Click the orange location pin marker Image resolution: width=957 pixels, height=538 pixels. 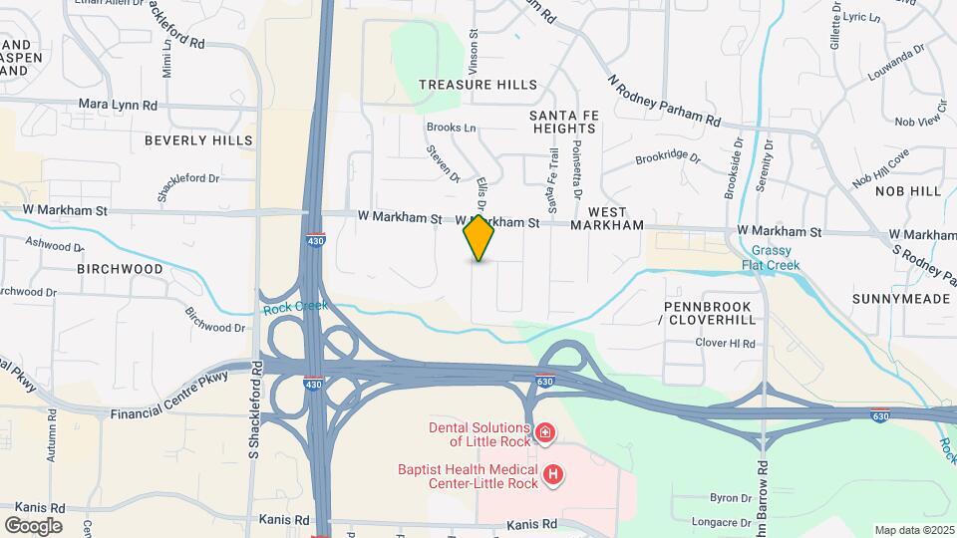click(x=479, y=237)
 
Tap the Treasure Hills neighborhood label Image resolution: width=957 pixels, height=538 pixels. click(x=478, y=85)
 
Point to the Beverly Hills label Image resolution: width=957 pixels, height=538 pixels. click(x=198, y=140)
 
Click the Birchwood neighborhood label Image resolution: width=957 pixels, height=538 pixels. click(x=120, y=269)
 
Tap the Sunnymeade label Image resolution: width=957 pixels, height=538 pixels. click(x=897, y=298)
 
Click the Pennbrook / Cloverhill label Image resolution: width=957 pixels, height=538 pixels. click(x=712, y=314)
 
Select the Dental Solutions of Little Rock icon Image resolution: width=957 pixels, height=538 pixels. click(x=545, y=432)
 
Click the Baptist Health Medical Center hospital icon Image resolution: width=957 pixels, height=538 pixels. click(x=553, y=476)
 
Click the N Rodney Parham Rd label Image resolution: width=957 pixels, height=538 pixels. click(x=664, y=99)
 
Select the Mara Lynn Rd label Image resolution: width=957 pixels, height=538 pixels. click(x=119, y=104)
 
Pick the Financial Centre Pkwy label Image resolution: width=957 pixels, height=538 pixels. click(x=169, y=397)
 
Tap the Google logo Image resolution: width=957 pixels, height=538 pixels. click(x=33, y=525)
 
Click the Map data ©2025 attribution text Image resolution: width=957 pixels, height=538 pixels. click(x=913, y=530)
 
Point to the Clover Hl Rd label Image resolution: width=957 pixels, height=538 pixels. click(x=726, y=344)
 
